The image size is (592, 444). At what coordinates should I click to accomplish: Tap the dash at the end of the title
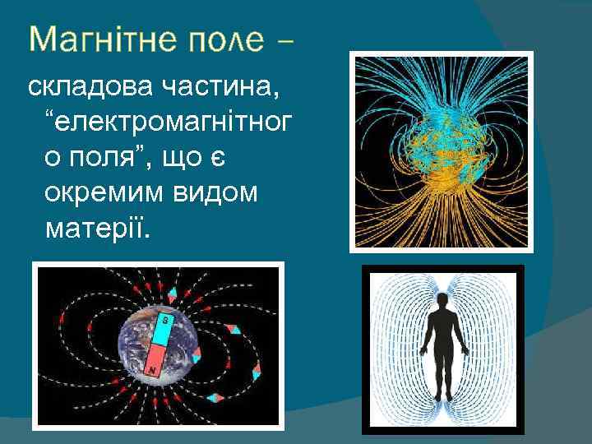coord(287,41)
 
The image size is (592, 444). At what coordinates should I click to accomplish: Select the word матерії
coord(97,229)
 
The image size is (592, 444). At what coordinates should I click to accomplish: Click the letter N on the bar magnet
coord(153,371)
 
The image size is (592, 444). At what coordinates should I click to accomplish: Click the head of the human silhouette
coord(444,302)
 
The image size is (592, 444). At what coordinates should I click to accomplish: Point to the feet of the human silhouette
coord(444,396)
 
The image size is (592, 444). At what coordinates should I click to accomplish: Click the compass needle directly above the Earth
coord(173,294)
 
